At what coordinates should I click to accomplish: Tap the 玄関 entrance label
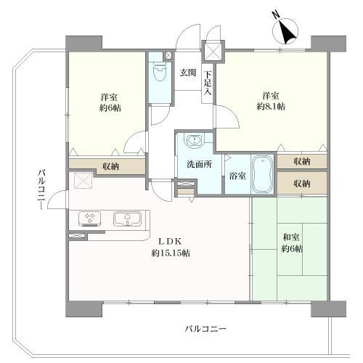188,72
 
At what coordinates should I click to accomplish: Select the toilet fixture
160,73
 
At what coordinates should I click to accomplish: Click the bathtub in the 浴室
261,175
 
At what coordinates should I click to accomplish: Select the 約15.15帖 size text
171,253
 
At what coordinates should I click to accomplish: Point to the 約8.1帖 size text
271,106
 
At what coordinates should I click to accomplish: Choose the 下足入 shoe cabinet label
208,83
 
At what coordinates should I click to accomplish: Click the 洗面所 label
197,165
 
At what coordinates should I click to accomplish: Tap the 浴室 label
237,176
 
